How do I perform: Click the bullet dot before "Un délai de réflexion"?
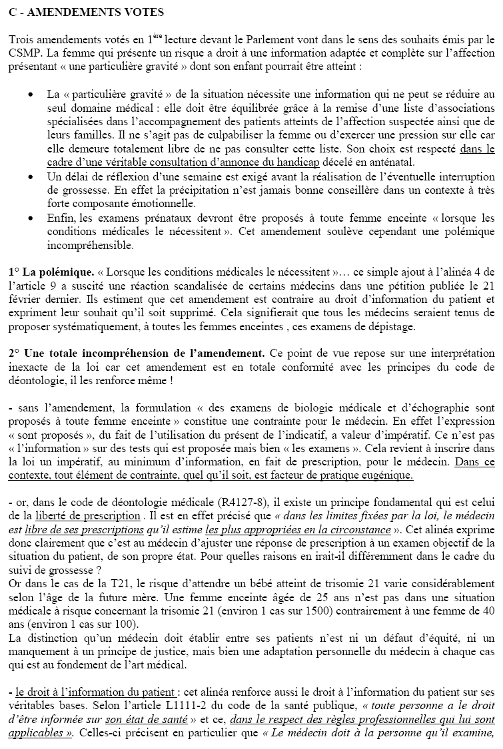click(x=30, y=176)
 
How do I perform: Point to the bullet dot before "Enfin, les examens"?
click(x=30, y=218)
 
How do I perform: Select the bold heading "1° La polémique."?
click(x=51, y=272)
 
